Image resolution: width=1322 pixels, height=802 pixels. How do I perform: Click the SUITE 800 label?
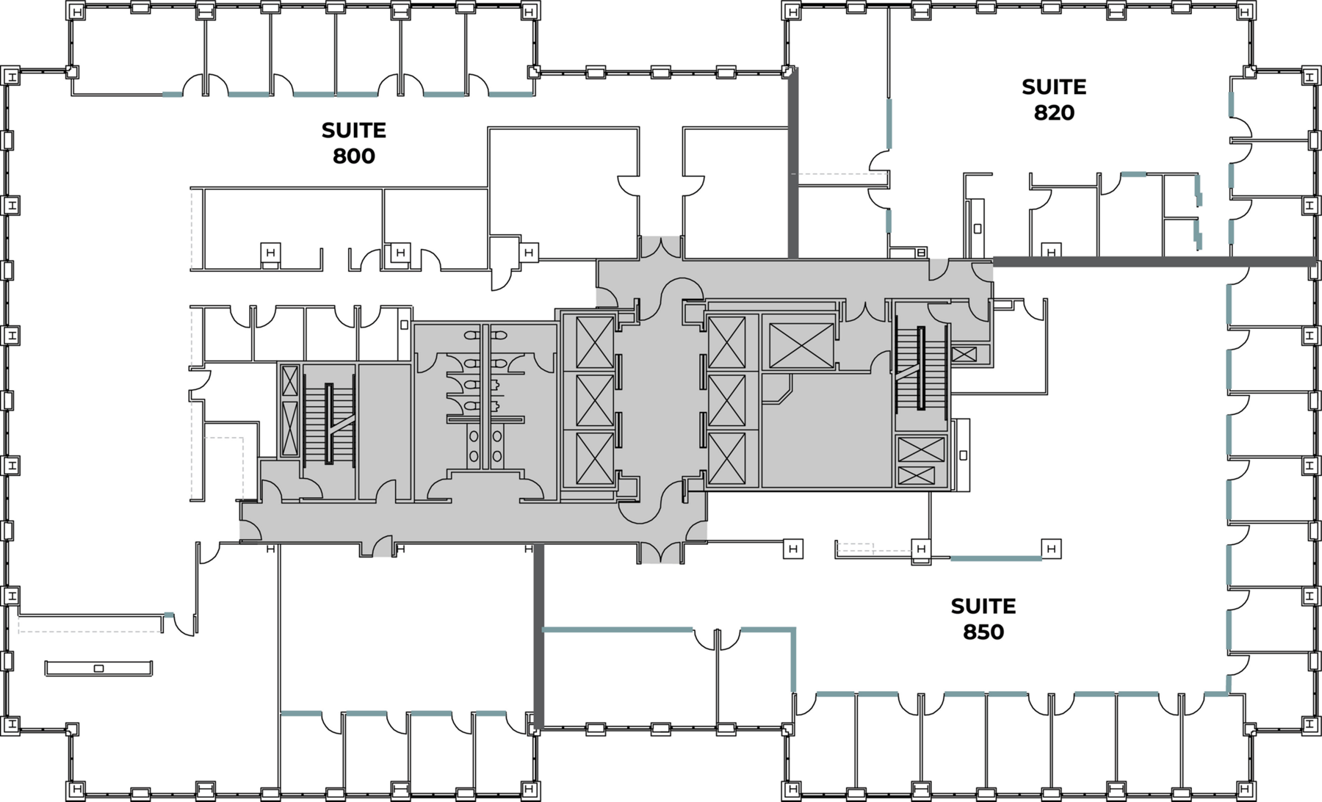[x=353, y=143]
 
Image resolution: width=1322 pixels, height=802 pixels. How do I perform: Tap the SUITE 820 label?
[x=1053, y=100]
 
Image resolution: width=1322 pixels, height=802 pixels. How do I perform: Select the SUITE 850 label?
[x=983, y=619]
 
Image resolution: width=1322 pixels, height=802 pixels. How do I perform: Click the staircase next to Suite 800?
[x=329, y=424]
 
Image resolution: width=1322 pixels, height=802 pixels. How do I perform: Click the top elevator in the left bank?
[x=595, y=342]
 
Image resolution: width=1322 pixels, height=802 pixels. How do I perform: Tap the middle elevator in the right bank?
[x=727, y=401]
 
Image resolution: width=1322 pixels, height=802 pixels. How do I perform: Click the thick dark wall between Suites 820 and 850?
[x=1153, y=261]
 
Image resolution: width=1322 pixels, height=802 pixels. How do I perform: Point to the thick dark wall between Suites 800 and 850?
[x=538, y=635]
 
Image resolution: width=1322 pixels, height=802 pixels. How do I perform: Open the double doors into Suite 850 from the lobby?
[x=661, y=551]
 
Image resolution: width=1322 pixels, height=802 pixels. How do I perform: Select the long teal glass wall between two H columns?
[x=996, y=559]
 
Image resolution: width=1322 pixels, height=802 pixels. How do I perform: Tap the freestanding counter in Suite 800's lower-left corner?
[x=98, y=668]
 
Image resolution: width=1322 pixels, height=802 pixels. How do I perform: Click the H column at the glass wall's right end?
[x=1051, y=549]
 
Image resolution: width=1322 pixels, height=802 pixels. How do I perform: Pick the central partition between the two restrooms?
[x=485, y=397]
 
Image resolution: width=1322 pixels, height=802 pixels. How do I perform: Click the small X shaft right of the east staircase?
[x=963, y=355]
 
